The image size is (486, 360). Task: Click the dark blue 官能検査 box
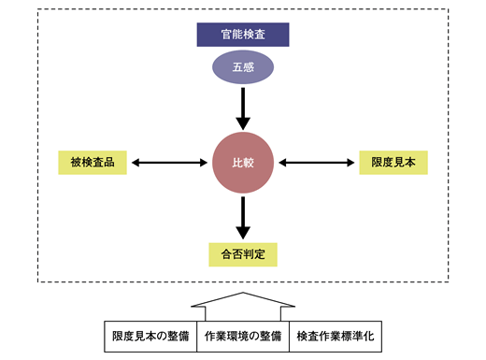click(x=243, y=36)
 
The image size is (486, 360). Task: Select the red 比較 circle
click(x=243, y=163)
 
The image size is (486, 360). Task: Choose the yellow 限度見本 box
click(x=393, y=163)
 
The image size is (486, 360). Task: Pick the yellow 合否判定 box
click(x=243, y=252)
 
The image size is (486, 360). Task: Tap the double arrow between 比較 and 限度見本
click(x=318, y=163)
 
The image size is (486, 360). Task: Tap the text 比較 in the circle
click(x=243, y=163)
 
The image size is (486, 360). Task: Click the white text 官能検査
click(x=243, y=36)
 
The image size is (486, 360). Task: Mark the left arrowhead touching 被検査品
click(x=136, y=163)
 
